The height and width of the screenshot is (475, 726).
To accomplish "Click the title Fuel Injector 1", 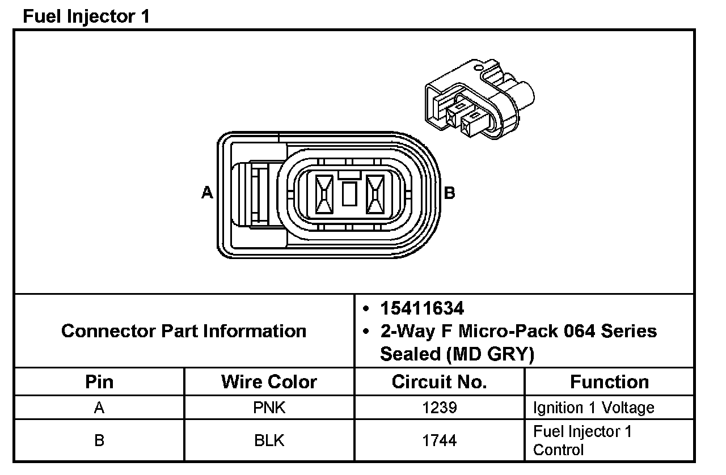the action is [x=86, y=16].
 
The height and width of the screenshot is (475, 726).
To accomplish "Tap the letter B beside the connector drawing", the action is [x=449, y=193].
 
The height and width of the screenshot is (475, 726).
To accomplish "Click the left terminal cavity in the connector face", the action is [x=324, y=194].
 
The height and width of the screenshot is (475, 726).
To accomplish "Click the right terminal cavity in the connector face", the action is [x=375, y=194].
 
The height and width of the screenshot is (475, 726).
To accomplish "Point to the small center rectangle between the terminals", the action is [x=349, y=194].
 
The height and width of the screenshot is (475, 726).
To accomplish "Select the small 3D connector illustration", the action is [x=480, y=99].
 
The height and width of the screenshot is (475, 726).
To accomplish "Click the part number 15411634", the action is [x=422, y=308].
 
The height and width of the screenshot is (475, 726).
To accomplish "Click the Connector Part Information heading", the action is [x=184, y=331].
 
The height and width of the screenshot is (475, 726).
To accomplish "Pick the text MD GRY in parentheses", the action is [x=489, y=354].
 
